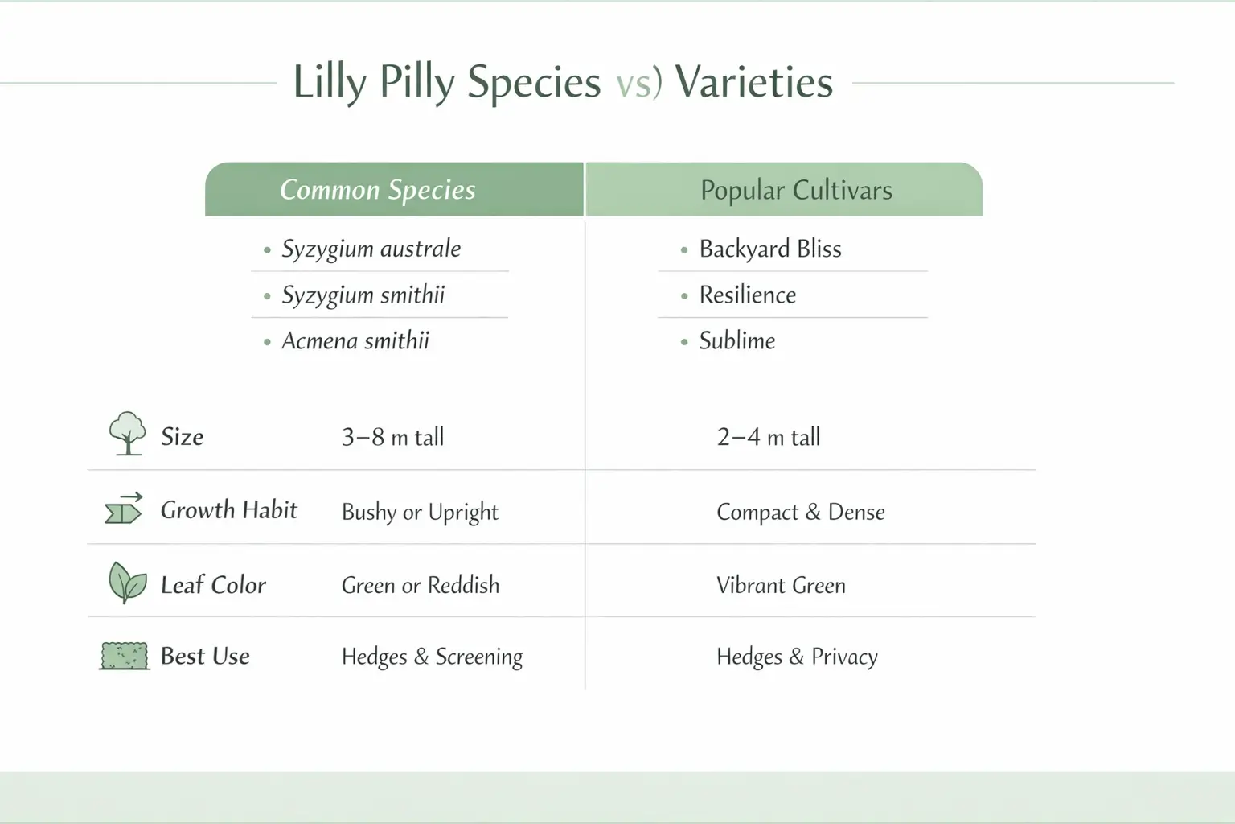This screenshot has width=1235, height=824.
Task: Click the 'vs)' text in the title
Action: pos(639,83)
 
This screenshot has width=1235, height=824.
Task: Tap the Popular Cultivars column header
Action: pos(795,191)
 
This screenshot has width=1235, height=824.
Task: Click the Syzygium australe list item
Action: pos(371,249)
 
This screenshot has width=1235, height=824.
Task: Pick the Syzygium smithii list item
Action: pos(363,295)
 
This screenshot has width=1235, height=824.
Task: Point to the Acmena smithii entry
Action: pos(355,341)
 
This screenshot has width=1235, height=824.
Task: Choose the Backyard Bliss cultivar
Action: pos(769,249)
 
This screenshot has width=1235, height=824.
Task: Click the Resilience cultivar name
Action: pos(747,295)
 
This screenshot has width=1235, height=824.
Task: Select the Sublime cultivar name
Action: pos(736,341)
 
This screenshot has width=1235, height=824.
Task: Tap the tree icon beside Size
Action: pos(127,434)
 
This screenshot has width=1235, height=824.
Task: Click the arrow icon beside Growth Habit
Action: pos(124,509)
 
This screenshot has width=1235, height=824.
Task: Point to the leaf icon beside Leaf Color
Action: pos(127,583)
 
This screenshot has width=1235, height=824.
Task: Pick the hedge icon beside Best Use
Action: pos(125,656)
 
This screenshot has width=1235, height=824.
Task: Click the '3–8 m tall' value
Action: pos(392,437)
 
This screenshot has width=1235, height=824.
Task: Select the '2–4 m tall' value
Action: pos(768,437)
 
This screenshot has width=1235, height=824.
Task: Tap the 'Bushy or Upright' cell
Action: pos(420,512)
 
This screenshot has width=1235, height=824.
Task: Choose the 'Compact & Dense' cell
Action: pos(800,512)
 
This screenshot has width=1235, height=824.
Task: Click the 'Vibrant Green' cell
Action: pos(781,585)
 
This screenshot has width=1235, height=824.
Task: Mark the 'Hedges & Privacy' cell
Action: pos(797,657)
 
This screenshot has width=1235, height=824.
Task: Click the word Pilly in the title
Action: pos(416,83)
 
